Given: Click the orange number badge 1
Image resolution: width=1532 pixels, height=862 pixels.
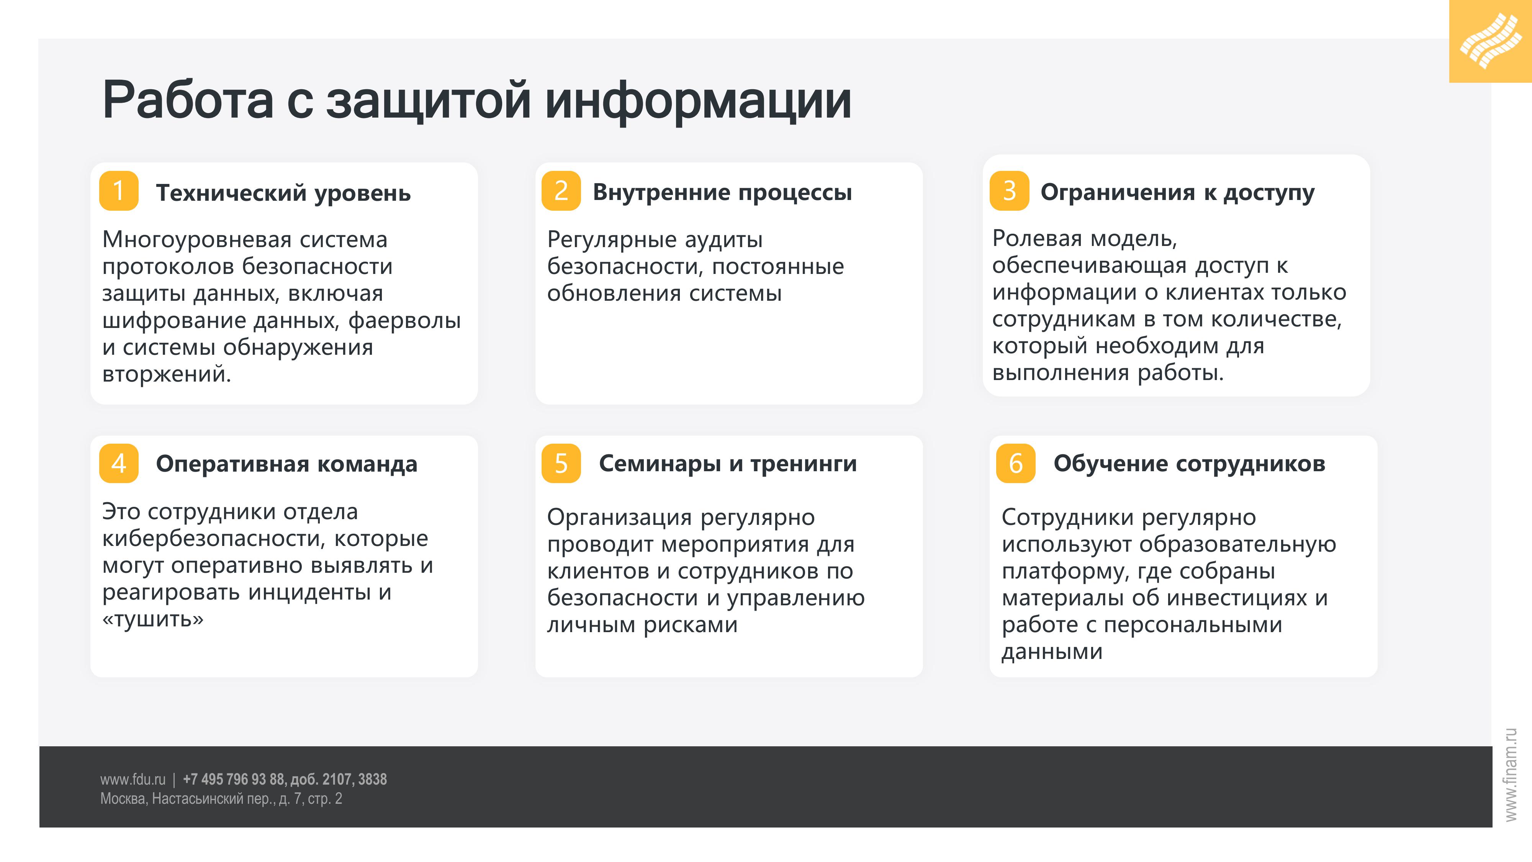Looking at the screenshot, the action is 118,191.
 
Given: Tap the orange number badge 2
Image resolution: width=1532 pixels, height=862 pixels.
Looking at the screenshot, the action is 561,191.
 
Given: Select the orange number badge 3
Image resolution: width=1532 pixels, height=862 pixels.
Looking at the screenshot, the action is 1009,191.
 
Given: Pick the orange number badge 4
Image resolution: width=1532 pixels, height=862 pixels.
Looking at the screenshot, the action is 118,464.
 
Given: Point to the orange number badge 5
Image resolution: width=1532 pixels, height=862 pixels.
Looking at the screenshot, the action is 561,464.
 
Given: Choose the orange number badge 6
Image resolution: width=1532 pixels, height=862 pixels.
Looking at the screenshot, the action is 1016,464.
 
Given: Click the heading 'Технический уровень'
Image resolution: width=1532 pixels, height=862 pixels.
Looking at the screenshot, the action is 283,194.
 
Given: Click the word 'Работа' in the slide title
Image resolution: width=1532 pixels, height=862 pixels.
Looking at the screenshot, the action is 187,100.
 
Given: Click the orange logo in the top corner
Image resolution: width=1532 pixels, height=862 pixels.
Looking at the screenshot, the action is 1490,41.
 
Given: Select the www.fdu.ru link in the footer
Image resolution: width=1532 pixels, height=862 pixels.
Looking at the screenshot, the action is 133,779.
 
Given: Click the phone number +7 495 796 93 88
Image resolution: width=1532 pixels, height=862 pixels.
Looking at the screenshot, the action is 233,779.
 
